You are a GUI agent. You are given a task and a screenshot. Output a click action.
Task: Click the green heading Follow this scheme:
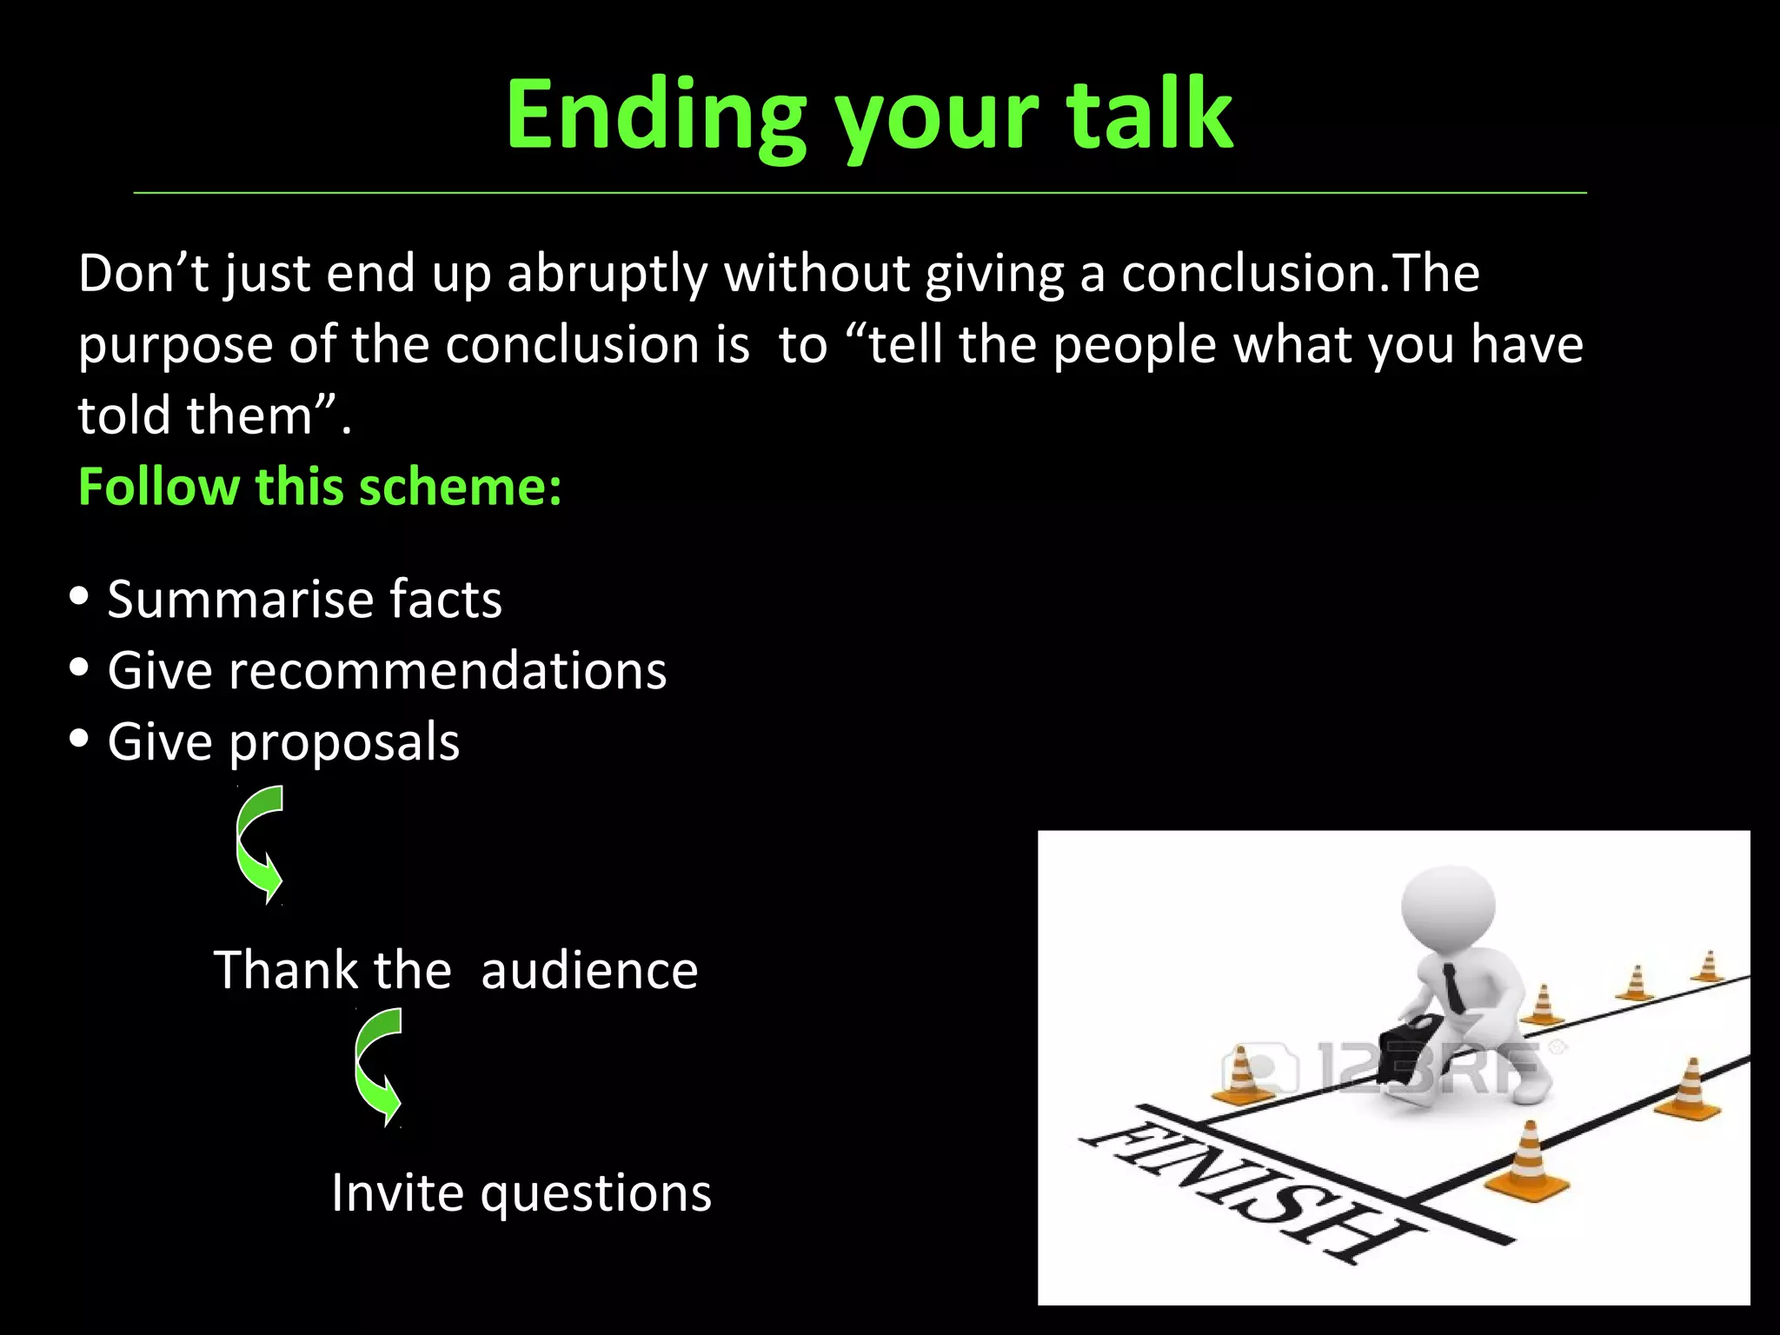(x=320, y=486)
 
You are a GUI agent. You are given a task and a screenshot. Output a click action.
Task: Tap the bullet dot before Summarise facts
(x=79, y=597)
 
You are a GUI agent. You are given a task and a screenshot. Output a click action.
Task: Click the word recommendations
(x=448, y=671)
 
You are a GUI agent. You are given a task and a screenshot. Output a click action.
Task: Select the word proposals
(x=344, y=743)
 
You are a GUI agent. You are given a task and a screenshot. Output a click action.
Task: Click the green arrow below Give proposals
(x=260, y=845)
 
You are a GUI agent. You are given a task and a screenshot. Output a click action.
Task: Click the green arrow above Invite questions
(x=378, y=1067)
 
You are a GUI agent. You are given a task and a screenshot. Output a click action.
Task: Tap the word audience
(x=589, y=971)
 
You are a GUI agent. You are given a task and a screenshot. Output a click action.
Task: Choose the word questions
(x=595, y=1193)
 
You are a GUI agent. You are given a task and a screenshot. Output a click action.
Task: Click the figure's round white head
(x=1448, y=909)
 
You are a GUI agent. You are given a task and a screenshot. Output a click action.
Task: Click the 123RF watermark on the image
(x=1391, y=1067)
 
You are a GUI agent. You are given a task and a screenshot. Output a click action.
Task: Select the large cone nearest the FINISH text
(x=1528, y=1160)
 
